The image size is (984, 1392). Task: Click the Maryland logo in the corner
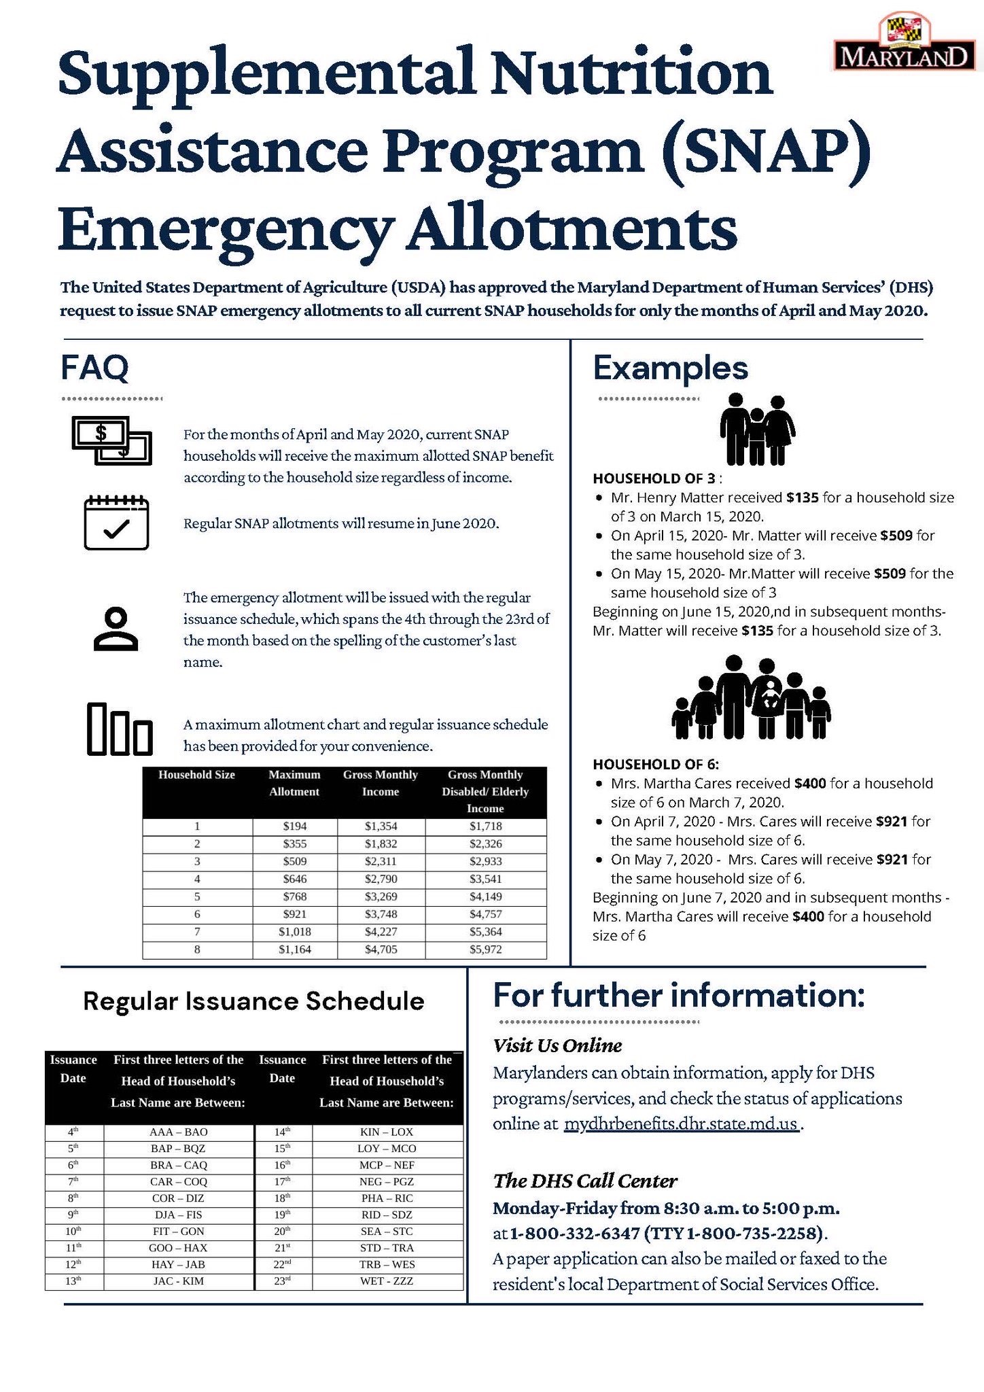tap(904, 43)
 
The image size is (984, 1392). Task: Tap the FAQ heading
tap(94, 368)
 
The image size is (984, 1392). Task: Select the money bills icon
tap(112, 441)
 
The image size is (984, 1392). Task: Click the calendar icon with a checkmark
tap(116, 523)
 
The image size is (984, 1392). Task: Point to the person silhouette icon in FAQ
tap(116, 629)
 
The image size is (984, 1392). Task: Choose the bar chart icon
tap(120, 729)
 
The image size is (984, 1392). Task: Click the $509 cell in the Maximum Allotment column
tap(294, 861)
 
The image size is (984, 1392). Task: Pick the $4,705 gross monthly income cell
tap(381, 950)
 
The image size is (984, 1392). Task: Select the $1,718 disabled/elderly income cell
tap(485, 826)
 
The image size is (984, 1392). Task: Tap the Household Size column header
tap(196, 775)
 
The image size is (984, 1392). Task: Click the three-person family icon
tap(757, 430)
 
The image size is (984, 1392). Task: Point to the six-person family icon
tap(752, 697)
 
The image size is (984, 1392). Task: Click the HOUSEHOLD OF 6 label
tap(656, 764)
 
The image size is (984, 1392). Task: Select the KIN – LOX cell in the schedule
tap(386, 1132)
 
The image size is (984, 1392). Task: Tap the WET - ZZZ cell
tap(386, 1281)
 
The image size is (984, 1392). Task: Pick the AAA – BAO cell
tap(178, 1132)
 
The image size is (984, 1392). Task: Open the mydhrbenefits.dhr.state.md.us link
tap(681, 1124)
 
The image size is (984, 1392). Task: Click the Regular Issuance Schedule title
tap(253, 1001)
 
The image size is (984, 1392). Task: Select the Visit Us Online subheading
tap(557, 1045)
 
